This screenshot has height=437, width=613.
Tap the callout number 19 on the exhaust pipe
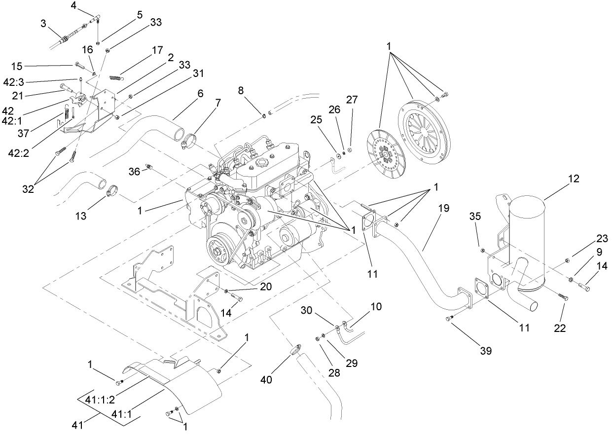[x=443, y=208]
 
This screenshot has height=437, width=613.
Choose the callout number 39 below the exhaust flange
[x=486, y=351]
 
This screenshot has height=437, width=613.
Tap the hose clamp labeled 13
[x=113, y=188]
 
